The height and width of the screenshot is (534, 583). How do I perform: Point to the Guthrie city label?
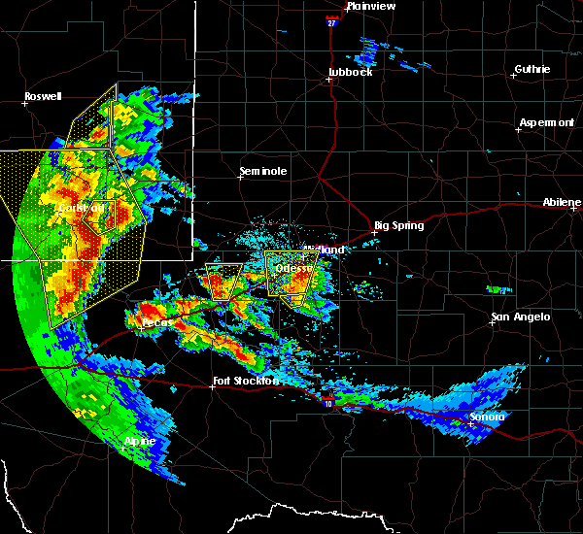tap(532, 69)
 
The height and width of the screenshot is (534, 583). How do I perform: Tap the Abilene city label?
tap(562, 202)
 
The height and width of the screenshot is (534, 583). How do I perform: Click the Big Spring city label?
tap(399, 225)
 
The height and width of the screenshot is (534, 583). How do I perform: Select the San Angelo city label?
tap(520, 317)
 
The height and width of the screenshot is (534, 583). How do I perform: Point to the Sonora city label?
tap(488, 417)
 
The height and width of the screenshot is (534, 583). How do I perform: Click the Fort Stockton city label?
tap(246, 381)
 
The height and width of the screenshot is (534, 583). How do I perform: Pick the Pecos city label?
tap(155, 321)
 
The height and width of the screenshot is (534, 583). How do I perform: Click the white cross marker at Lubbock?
tap(329, 80)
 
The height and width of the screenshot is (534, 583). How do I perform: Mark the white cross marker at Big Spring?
tap(374, 232)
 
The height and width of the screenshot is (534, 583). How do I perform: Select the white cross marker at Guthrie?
tap(515, 75)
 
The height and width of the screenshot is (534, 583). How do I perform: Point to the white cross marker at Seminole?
tap(242, 178)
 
